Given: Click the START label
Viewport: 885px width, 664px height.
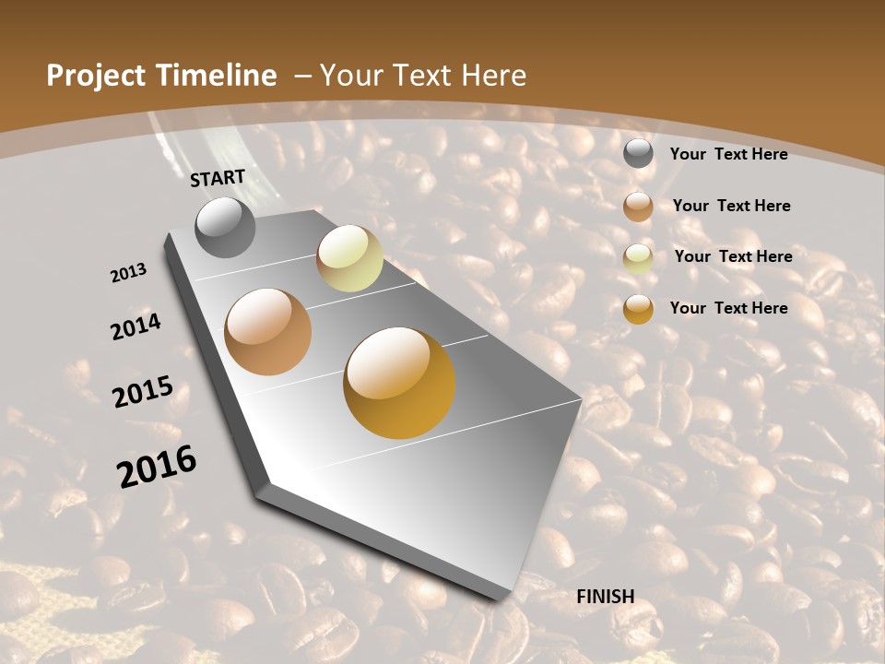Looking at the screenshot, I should tap(218, 178).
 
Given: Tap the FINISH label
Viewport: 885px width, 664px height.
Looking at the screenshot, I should tap(606, 597).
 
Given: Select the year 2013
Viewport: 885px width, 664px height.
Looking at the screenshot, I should tap(128, 273).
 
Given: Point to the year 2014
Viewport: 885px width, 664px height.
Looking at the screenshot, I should tap(136, 326).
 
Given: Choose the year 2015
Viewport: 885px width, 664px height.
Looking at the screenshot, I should tap(142, 391).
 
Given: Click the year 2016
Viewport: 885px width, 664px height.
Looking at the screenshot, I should tap(157, 466).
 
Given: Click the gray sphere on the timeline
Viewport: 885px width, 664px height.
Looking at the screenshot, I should tap(225, 227).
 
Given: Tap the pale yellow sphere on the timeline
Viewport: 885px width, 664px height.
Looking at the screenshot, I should tap(349, 258).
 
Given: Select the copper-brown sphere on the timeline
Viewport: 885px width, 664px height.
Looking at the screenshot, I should tap(268, 332).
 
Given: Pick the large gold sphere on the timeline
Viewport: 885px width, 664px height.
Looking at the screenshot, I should tap(399, 383).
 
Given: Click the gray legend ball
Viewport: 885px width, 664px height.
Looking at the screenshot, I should tap(638, 153).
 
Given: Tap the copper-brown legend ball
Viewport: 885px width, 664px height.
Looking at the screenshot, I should tap(638, 206).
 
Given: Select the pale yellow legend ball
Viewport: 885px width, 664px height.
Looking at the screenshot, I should tap(638, 258).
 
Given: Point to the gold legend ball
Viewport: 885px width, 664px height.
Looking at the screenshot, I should tap(638, 309).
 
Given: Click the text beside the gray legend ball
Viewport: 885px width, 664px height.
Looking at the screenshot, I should tap(728, 154).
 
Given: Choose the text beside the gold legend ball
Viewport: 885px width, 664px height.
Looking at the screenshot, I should tap(728, 308).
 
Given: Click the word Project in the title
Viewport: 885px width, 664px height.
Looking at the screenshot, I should tap(95, 76).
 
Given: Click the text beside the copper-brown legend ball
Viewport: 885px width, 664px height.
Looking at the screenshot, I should tap(731, 206).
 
